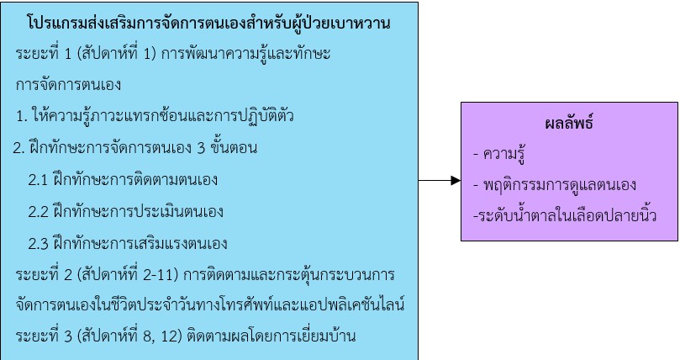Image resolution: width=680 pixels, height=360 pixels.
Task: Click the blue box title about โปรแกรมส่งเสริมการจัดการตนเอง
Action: coord(208,23)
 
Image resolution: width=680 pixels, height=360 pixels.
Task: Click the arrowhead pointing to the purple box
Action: coord(456,181)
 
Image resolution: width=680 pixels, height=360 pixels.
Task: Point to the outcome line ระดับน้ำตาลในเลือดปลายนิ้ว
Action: coord(565,215)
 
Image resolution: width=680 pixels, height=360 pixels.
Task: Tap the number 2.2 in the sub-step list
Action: coord(38,212)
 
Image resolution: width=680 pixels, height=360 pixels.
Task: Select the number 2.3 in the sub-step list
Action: coord(38,244)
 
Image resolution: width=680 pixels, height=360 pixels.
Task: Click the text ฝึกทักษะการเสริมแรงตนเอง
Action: coord(140,243)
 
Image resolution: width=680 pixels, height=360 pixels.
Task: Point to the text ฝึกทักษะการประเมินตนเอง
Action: coord(138,211)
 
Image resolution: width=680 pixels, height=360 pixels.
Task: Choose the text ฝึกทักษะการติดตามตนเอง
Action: coord(134,179)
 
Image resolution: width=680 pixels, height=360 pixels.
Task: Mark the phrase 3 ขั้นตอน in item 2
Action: coord(227,148)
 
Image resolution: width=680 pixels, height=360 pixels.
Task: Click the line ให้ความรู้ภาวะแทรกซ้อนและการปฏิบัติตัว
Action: coord(162,115)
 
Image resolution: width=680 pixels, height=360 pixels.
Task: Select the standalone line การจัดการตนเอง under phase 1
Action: coord(68,85)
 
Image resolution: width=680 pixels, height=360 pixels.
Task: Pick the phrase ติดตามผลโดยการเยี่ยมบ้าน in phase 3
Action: coord(271,336)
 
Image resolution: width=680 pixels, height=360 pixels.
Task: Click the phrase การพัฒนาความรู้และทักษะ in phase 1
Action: coord(245,54)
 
